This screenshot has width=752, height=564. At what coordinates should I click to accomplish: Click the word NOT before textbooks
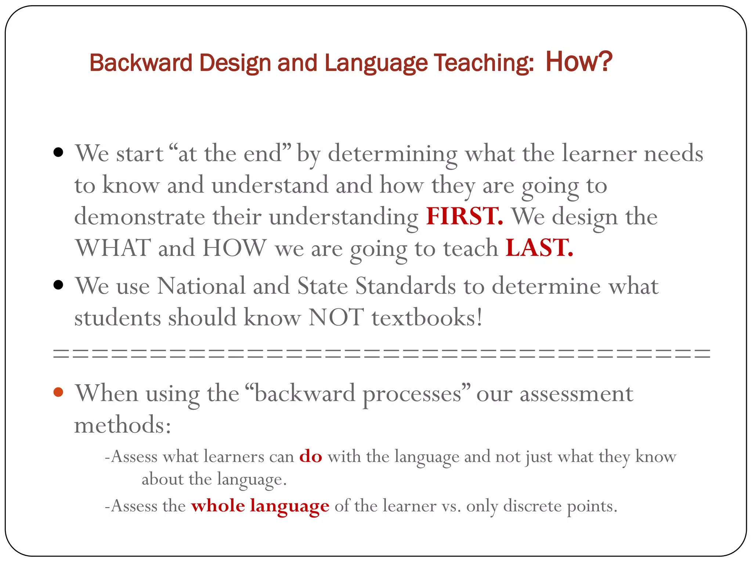(x=336, y=317)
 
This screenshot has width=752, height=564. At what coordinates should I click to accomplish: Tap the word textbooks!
(x=427, y=317)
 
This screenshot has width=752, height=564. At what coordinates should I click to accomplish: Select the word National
(x=201, y=285)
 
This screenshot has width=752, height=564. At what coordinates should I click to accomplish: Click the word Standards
(x=405, y=285)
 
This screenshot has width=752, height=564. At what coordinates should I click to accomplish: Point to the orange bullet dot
(x=58, y=392)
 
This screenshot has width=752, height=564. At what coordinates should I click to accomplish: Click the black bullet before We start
(x=58, y=152)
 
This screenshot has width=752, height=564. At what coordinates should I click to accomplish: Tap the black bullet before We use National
(x=58, y=285)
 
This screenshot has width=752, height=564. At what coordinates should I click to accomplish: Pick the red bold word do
(x=311, y=456)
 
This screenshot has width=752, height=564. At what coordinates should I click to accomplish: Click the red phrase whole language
(x=260, y=506)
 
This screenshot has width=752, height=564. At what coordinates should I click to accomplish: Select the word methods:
(x=123, y=425)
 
